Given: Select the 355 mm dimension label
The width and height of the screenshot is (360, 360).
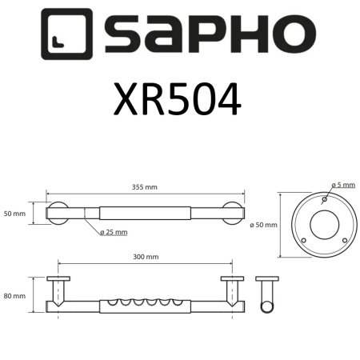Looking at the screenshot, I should tap(145, 189).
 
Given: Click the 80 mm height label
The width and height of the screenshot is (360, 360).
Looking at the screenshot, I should tap(14, 296).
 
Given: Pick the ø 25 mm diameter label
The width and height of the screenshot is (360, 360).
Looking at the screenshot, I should tap(114, 232).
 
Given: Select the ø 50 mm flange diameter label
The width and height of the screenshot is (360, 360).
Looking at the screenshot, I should tap(263, 225).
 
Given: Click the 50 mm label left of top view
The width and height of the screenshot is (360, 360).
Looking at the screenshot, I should tap(14, 215).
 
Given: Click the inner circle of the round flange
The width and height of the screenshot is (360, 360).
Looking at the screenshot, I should tap(324, 224).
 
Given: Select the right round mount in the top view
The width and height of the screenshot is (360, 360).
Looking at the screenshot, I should tap(233, 215).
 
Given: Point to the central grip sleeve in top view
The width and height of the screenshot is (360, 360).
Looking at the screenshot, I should tap(145, 215).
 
